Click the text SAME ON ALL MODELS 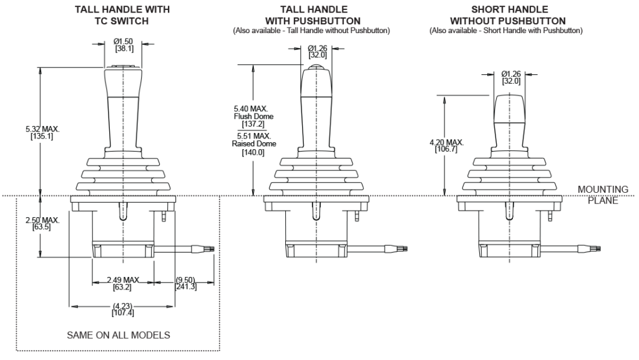(x=119, y=335)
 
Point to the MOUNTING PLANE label (x=597, y=194)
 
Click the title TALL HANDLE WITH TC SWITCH (x=122, y=15)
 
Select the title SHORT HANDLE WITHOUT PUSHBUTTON (x=510, y=15)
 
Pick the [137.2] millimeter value (x=253, y=124)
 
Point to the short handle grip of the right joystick (x=510, y=112)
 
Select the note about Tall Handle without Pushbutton (x=311, y=31)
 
